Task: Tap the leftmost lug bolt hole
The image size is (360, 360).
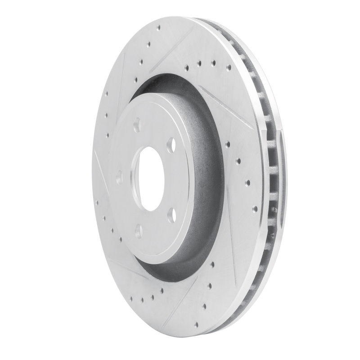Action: tap(119, 177)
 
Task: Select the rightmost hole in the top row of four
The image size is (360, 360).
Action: tap(228, 67)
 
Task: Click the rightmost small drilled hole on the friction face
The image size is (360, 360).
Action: tap(255, 209)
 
